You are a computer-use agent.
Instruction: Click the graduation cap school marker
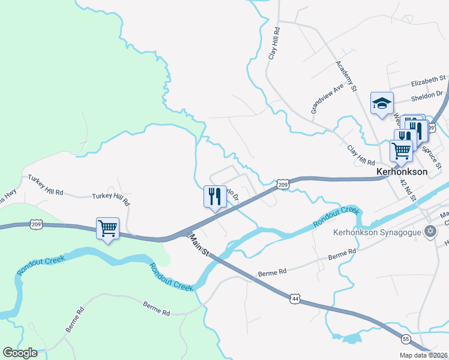382,104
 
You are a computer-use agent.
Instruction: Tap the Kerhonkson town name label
402,172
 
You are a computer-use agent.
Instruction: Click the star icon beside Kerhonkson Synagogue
430,231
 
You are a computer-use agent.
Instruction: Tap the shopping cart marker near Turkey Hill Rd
108,229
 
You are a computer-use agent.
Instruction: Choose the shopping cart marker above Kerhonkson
401,149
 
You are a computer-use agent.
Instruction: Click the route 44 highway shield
294,298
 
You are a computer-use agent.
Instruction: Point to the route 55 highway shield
406,338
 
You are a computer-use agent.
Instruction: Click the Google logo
20,353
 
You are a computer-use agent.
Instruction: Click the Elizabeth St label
428,79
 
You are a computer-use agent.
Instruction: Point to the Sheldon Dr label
426,94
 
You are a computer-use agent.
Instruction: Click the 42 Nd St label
408,193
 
